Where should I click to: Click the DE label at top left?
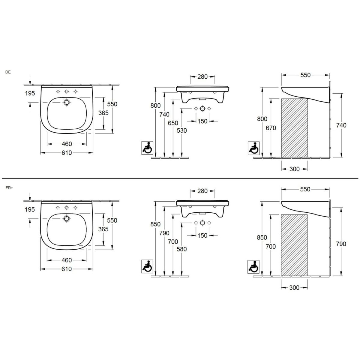[x=8, y=72]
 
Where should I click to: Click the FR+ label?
[x=9, y=188]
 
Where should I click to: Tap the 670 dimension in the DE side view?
[x=271, y=128]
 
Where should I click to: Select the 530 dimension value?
[x=182, y=130]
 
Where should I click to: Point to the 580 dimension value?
[x=182, y=249]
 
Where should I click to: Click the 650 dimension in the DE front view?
[x=173, y=123]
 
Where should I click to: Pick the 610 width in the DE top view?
[x=67, y=153]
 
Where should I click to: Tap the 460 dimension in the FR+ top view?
[x=67, y=260]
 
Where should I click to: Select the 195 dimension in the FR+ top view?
[x=30, y=210]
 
